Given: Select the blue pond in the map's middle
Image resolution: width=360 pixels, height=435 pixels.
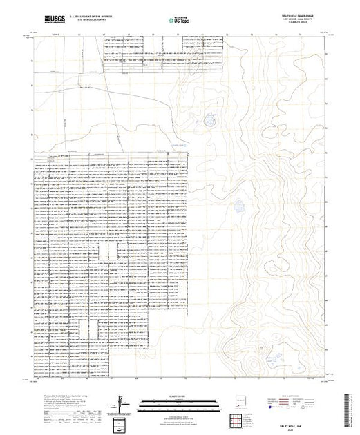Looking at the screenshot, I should [x=239, y=205].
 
